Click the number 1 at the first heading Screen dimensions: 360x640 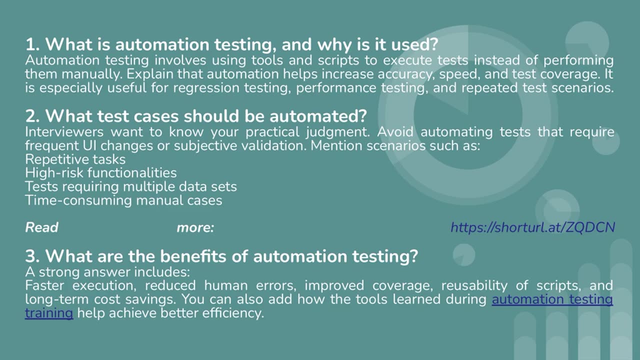pos(30,45)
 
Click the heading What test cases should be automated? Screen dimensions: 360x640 pos(196,116)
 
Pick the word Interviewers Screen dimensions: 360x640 pos(64,132)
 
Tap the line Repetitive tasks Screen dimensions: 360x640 pos(75,159)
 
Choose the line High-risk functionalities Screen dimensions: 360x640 pos(100,173)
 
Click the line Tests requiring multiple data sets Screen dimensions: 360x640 pos(130,186)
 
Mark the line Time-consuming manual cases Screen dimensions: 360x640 pos(123,200)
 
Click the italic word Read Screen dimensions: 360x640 pos(41,227)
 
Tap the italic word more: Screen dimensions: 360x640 pos(195,227)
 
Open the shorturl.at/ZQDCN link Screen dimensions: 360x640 pos(532,227)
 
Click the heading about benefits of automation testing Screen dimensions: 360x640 pos(221,256)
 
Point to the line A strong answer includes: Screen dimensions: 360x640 pos(107,272)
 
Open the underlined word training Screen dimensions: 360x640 pos(49,313)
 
